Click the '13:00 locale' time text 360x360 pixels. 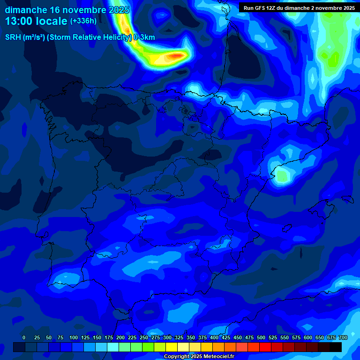point(36,21)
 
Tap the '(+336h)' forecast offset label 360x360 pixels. point(83,21)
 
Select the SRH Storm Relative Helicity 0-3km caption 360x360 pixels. point(80,37)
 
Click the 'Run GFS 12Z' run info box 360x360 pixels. point(299,8)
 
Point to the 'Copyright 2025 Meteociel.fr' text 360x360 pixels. point(198,356)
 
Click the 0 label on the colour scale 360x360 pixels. point(24,337)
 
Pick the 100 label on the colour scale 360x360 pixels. point(74,337)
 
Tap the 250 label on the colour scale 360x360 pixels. point(144,337)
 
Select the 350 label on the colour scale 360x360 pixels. point(191,337)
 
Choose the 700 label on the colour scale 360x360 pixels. point(343,337)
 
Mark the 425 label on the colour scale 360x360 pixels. point(226,337)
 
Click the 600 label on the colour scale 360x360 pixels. point(308,337)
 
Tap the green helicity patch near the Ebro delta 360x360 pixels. point(282,176)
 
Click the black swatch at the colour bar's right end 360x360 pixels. point(336,347)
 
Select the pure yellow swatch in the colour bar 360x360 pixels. point(172,347)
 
